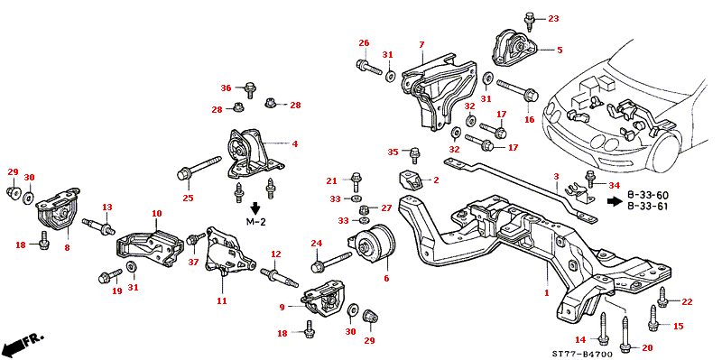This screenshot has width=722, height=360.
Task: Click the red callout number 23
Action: (553, 19)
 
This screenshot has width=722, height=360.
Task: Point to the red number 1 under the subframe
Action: (547, 293)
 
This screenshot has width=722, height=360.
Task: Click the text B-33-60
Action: (648, 195)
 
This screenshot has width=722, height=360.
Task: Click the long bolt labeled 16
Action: (517, 89)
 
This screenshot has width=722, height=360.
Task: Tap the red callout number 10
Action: (156, 214)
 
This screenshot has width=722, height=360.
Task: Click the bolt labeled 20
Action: (625, 333)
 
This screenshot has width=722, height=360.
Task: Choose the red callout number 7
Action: (421, 45)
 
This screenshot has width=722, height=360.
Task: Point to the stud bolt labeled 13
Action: (98, 226)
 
